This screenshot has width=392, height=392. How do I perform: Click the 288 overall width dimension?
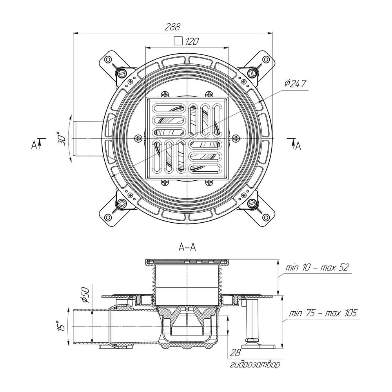pyautogui.click(x=172, y=27)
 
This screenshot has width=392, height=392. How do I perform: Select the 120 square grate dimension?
pyautogui.click(x=192, y=41)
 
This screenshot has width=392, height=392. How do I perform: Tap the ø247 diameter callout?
pyautogui.click(x=295, y=83)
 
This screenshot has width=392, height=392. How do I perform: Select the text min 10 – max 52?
pyautogui.click(x=317, y=267)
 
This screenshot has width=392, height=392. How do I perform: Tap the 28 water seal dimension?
pyautogui.click(x=235, y=352)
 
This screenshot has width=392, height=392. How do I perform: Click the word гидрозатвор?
pyautogui.click(x=255, y=365)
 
